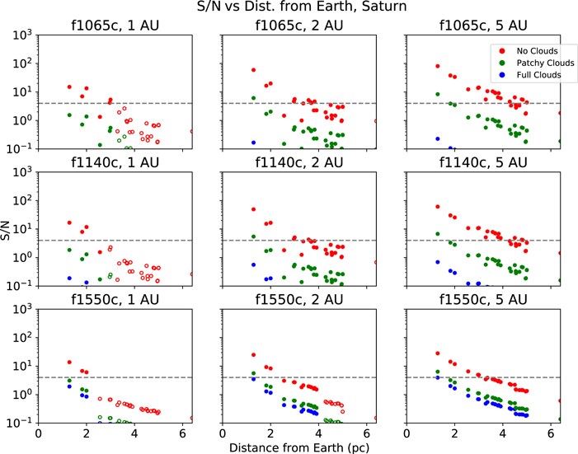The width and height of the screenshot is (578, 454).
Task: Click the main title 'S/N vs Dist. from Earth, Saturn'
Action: tap(302, 7)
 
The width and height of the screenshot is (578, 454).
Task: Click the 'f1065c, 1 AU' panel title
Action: tap(115, 26)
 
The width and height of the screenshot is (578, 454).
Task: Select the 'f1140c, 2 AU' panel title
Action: tap(299, 162)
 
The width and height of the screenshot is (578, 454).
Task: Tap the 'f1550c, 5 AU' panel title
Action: tap(483, 299)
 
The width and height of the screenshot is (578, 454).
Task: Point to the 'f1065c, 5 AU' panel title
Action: tap(483, 26)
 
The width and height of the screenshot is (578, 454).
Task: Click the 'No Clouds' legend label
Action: tap(537, 51)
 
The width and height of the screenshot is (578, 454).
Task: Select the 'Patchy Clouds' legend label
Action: tap(545, 63)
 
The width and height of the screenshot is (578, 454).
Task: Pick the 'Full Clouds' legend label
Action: tap(539, 75)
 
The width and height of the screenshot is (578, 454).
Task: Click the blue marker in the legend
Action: tap(501, 75)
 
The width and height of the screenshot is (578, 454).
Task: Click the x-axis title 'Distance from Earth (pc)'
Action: tap(299, 447)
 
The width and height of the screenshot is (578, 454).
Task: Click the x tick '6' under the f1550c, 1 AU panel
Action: tap(182, 433)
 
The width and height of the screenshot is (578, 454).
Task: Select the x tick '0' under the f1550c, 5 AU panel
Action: tap(406, 433)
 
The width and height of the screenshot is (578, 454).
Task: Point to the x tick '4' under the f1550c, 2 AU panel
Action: tap(318, 433)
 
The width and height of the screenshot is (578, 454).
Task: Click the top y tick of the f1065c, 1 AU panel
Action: tap(23, 35)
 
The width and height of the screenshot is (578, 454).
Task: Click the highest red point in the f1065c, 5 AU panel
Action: tap(438, 67)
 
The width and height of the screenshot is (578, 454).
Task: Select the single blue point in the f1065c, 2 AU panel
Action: tap(253, 143)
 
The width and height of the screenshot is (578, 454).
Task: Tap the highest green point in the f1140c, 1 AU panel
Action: tap(69, 250)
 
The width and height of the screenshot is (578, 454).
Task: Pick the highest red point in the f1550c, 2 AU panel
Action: tap(253, 355)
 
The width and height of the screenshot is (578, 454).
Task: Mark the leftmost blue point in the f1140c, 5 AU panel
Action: tap(438, 262)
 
